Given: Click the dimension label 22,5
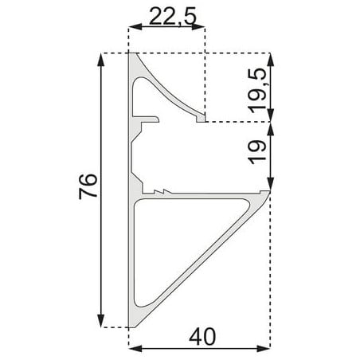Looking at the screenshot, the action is pos(173,17).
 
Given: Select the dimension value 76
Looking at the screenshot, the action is pos(88,186).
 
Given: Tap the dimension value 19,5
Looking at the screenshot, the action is pos(257,90).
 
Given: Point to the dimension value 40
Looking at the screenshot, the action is pos(202,336).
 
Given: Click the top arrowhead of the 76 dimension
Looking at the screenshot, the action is pos(100,60).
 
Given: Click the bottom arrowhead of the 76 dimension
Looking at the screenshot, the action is pos(100,321).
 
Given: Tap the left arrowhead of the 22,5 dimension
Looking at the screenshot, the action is pos(135,27).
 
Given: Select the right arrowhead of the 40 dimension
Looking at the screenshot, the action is pos(264,349).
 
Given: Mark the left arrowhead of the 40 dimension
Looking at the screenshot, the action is pos(135,349).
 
